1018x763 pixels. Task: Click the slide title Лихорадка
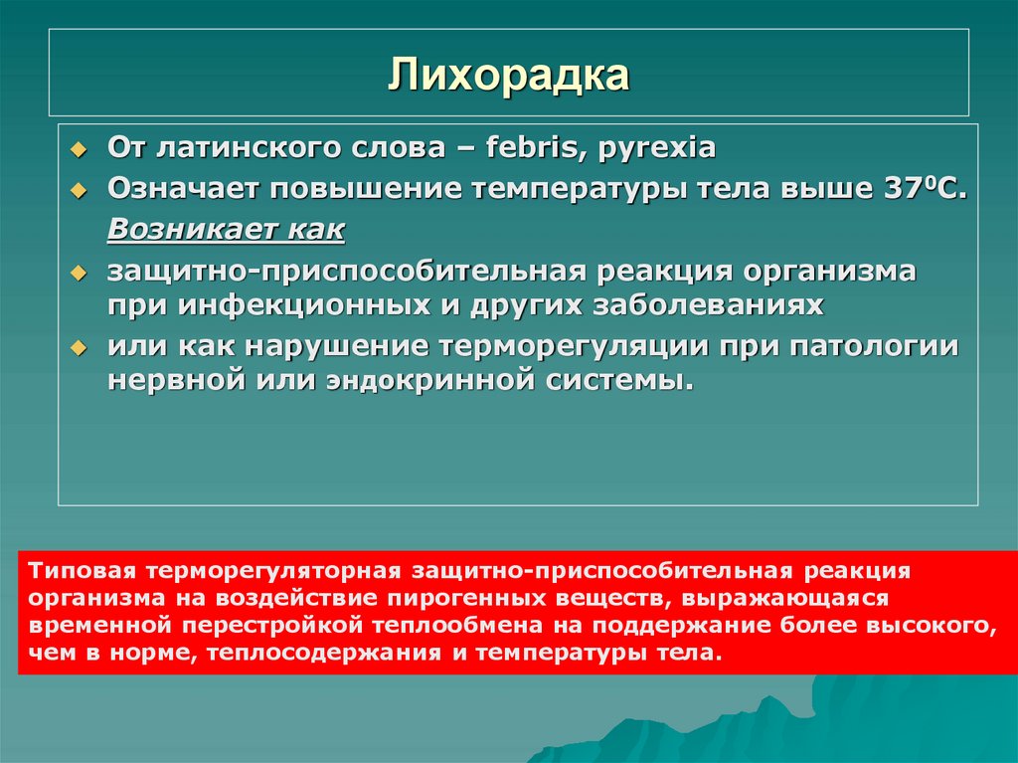(508, 76)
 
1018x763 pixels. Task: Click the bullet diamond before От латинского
(84, 149)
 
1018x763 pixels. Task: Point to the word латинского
(243, 148)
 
